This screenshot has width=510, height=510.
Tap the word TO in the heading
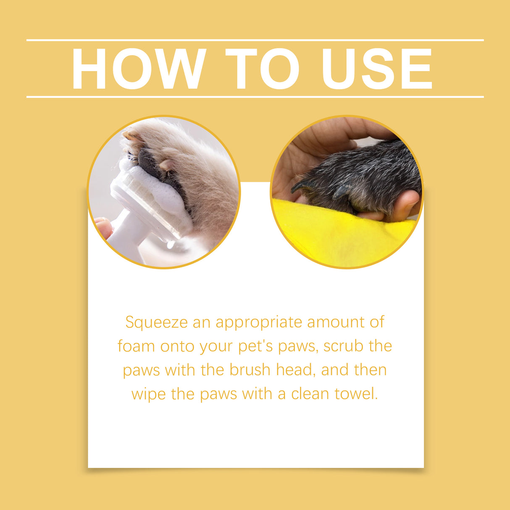pyautogui.click(x=263, y=69)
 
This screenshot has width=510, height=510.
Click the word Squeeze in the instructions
pyautogui.click(x=156, y=323)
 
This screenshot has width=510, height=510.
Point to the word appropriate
pyautogui.click(x=259, y=323)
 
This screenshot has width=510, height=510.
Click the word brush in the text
pyautogui.click(x=250, y=370)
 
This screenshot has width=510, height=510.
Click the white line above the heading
pyautogui.click(x=255, y=40)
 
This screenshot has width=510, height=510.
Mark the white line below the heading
pyautogui.click(x=255, y=97)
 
